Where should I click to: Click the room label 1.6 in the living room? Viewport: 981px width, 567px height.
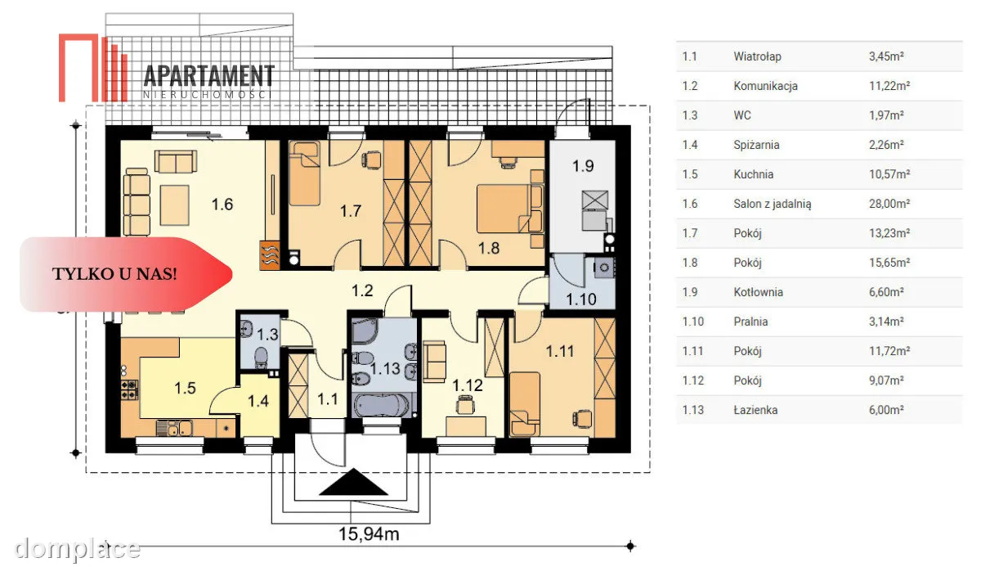pyautogui.click(x=222, y=205)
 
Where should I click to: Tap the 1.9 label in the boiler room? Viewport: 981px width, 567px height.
pyautogui.click(x=583, y=166)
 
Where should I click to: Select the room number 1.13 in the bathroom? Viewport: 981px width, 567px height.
pyautogui.click(x=385, y=368)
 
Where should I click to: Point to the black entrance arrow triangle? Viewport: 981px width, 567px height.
pyautogui.click(x=353, y=482)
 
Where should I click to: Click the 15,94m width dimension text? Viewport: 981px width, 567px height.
pyautogui.click(x=369, y=534)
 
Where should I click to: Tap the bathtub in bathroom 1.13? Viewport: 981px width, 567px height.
pyautogui.click(x=382, y=405)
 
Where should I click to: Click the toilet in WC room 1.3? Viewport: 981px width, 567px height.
pyautogui.click(x=261, y=357)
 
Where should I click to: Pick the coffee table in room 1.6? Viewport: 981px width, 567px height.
pyautogui.click(x=174, y=205)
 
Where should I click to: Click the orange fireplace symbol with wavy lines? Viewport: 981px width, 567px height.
pyautogui.click(x=270, y=254)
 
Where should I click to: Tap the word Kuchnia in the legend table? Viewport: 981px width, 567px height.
pyautogui.click(x=753, y=174)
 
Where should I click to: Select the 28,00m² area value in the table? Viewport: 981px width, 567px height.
pyautogui.click(x=889, y=204)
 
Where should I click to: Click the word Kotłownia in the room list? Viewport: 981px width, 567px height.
pyautogui.click(x=758, y=292)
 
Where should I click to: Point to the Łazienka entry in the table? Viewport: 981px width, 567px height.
pyautogui.click(x=755, y=410)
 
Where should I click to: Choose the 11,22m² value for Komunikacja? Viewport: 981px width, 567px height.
pyautogui.click(x=889, y=86)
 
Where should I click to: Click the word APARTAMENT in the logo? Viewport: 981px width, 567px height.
pyautogui.click(x=209, y=76)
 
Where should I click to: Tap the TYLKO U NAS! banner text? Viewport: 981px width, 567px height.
pyautogui.click(x=114, y=274)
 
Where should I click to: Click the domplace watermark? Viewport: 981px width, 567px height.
pyautogui.click(x=77, y=549)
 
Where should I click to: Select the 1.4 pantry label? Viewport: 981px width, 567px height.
pyautogui.click(x=258, y=401)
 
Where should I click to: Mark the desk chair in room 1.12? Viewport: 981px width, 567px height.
pyautogui.click(x=465, y=404)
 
